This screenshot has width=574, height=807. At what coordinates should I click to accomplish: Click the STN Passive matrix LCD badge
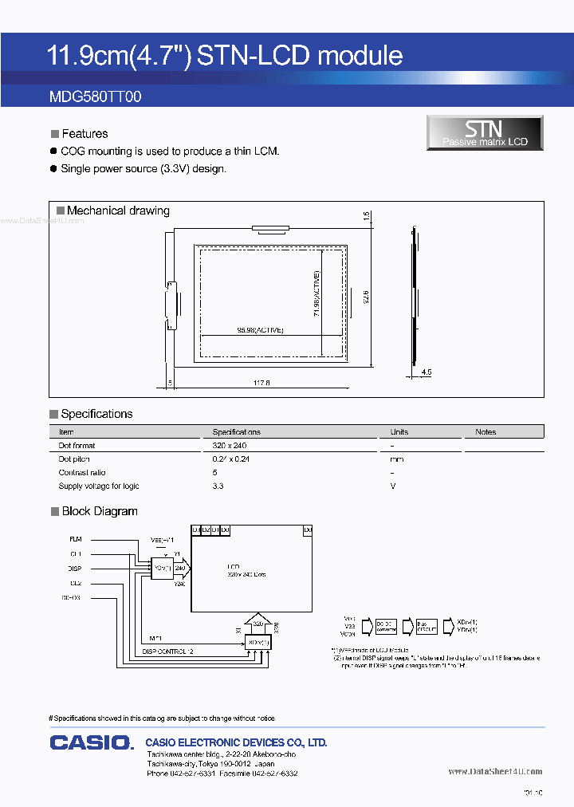[x=485, y=132]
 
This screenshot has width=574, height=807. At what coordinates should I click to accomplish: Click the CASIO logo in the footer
[x=91, y=742]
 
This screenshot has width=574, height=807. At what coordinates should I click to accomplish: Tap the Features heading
[x=85, y=134]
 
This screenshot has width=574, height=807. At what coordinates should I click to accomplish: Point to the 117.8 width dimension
[x=261, y=384]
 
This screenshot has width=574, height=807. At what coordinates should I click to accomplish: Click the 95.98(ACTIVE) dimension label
[x=260, y=330]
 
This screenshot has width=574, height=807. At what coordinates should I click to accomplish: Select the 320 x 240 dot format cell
[x=230, y=446]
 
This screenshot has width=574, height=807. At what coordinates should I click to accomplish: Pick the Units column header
[x=399, y=431]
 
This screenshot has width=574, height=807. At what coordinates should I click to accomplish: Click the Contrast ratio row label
[x=82, y=473]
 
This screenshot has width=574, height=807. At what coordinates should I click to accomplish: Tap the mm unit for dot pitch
[x=396, y=459]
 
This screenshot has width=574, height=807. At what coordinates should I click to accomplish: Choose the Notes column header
[x=486, y=431]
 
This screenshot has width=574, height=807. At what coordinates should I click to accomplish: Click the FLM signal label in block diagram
[x=76, y=540]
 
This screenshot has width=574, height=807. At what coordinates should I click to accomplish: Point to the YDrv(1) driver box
[x=162, y=568]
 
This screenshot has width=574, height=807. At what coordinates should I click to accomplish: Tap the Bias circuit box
[x=427, y=626]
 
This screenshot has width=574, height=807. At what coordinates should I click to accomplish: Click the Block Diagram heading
[x=100, y=511]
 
